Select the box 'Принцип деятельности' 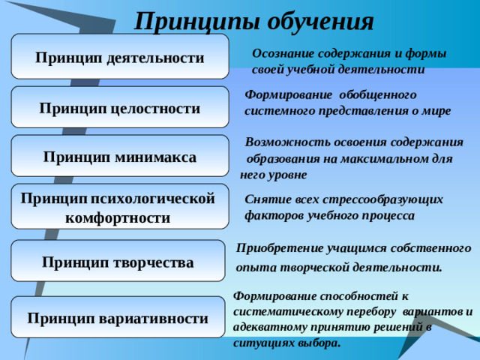(120, 58)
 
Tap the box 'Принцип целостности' (120, 108)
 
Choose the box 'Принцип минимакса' (120, 157)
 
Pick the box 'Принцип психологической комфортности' (120, 208)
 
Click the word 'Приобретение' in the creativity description (276, 247)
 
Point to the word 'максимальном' (382, 159)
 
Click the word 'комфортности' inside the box (118, 218)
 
